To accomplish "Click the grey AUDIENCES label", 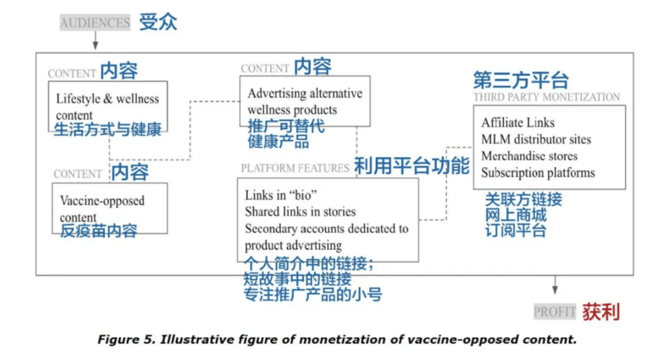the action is pyautogui.click(x=95, y=23).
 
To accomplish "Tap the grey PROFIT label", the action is pyautogui.click(x=555, y=312).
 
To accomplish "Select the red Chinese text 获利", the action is pyautogui.click(x=601, y=312).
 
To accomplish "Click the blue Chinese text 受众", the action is pyautogui.click(x=158, y=21).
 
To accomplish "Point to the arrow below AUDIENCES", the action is pyautogui.click(x=95, y=40).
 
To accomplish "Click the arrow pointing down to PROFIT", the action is pyautogui.click(x=555, y=285).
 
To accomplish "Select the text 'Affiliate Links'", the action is pyautogui.click(x=518, y=123).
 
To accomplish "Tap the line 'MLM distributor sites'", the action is pyautogui.click(x=536, y=139).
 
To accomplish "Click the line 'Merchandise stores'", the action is pyautogui.click(x=529, y=156).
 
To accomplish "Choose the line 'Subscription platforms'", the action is pyautogui.click(x=538, y=173).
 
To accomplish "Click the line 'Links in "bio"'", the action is pyautogui.click(x=281, y=195).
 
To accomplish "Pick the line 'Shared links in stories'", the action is pyautogui.click(x=300, y=212).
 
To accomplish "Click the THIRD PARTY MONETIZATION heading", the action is pyautogui.click(x=547, y=97).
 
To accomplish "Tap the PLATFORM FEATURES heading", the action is pyautogui.click(x=295, y=168).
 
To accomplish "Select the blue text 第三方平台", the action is pyautogui.click(x=521, y=80).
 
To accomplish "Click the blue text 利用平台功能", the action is pyautogui.click(x=412, y=165).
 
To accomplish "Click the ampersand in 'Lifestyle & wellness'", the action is pyautogui.click(x=108, y=99).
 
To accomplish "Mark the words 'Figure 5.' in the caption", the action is pyautogui.click(x=127, y=340).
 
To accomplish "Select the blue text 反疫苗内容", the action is pyautogui.click(x=99, y=231).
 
